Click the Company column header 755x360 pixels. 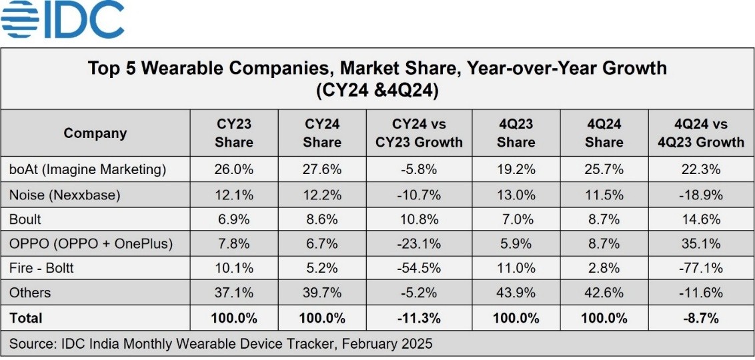tap(95, 133)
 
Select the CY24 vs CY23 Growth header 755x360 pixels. tap(419, 133)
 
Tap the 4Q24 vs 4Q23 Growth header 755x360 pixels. tap(700, 133)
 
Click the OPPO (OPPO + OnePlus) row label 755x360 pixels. tap(91, 244)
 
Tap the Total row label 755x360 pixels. tap(26, 318)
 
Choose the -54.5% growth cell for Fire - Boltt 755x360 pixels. tap(419, 268)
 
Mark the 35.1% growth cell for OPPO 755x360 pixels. tap(700, 244)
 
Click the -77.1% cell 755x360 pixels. tap(700, 268)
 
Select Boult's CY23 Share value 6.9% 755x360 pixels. tap(233, 219)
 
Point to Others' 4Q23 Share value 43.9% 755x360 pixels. tap(516, 293)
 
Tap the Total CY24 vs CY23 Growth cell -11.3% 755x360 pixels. tap(419, 318)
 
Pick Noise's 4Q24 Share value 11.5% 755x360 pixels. tap(604, 194)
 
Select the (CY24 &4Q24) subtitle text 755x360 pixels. tap(377, 91)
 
